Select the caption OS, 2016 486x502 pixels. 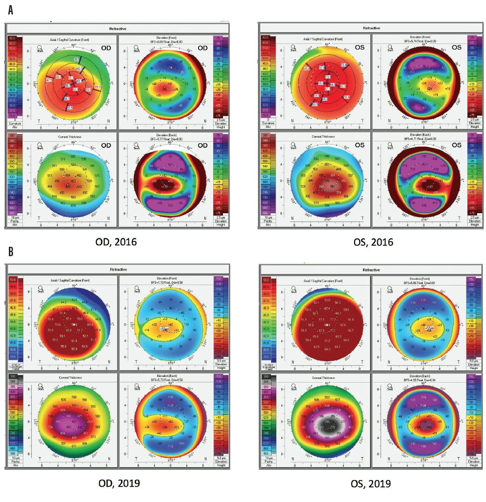(x=372, y=242)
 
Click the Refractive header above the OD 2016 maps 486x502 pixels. (x=117, y=29)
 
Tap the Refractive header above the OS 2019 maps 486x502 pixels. (x=373, y=270)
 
